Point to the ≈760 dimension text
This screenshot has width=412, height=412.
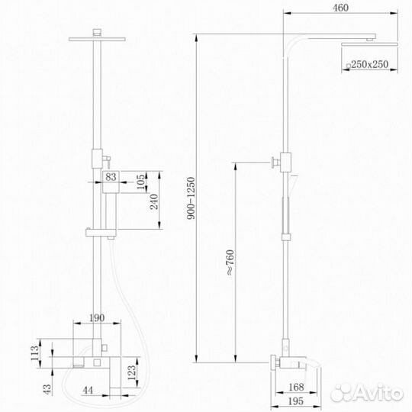click(x=229, y=262)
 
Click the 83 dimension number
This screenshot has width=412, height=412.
click(x=112, y=177)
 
